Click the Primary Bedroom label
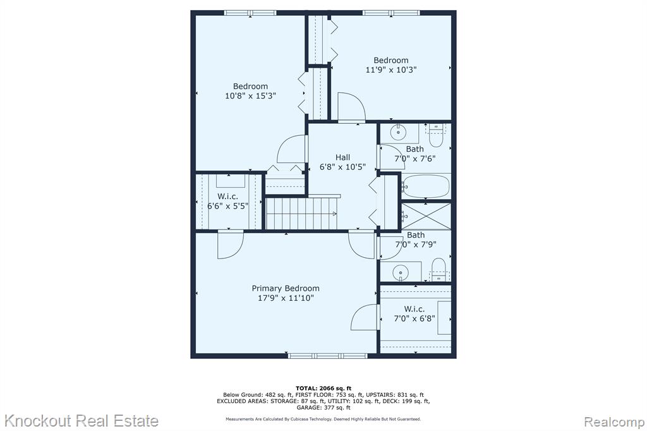coord(286,288)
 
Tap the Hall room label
coord(342,157)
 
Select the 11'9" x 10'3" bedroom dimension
coord(390,70)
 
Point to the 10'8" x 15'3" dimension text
coord(250,96)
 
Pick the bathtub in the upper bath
coord(425,186)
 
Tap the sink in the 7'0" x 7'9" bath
coord(400,272)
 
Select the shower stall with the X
coord(426,216)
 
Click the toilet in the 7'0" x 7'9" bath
coord(438,270)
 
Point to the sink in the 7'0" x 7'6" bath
coord(399,132)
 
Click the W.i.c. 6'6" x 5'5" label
coord(227,201)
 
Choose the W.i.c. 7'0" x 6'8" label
coord(414,313)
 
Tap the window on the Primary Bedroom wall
coord(327,355)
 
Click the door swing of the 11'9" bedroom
coord(351,107)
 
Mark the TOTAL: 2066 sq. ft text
coord(323,388)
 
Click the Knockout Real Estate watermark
coord(82,421)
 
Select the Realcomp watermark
coord(614,422)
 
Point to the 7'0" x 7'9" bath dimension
coord(416,245)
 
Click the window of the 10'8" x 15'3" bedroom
coord(250,13)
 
